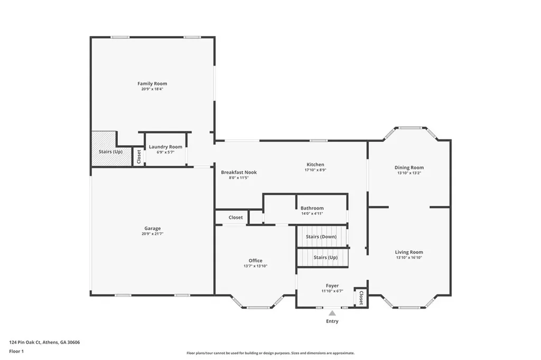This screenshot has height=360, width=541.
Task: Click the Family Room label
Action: [x=152, y=83]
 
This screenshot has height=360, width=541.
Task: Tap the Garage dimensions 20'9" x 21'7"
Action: [x=152, y=233]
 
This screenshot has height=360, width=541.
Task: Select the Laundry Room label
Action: [x=165, y=147]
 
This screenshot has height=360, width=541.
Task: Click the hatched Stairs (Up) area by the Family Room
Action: [x=104, y=148]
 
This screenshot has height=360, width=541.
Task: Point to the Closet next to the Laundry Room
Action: [x=139, y=156]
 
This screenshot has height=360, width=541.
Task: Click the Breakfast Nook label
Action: [x=239, y=172]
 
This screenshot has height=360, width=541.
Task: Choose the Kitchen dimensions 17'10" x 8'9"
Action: [x=315, y=170]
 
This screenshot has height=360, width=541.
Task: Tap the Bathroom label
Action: [x=312, y=208]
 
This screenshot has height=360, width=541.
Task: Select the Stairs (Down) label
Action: [x=321, y=236]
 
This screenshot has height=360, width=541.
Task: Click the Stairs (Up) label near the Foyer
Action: [x=325, y=257]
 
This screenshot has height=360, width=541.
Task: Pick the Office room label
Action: [x=255, y=260]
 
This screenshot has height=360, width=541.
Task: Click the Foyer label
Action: [x=332, y=286]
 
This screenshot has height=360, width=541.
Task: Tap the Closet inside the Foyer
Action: [x=361, y=298]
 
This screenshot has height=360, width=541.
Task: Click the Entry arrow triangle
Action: [x=332, y=313]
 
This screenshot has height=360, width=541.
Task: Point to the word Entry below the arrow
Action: [x=332, y=321]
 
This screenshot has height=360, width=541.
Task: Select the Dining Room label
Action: [x=409, y=167]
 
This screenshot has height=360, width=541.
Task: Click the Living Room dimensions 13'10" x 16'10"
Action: [x=409, y=258]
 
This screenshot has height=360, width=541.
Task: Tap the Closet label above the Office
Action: [x=236, y=217]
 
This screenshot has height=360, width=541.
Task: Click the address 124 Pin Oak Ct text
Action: [x=44, y=342]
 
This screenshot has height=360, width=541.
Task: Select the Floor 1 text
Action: [x=16, y=351]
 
